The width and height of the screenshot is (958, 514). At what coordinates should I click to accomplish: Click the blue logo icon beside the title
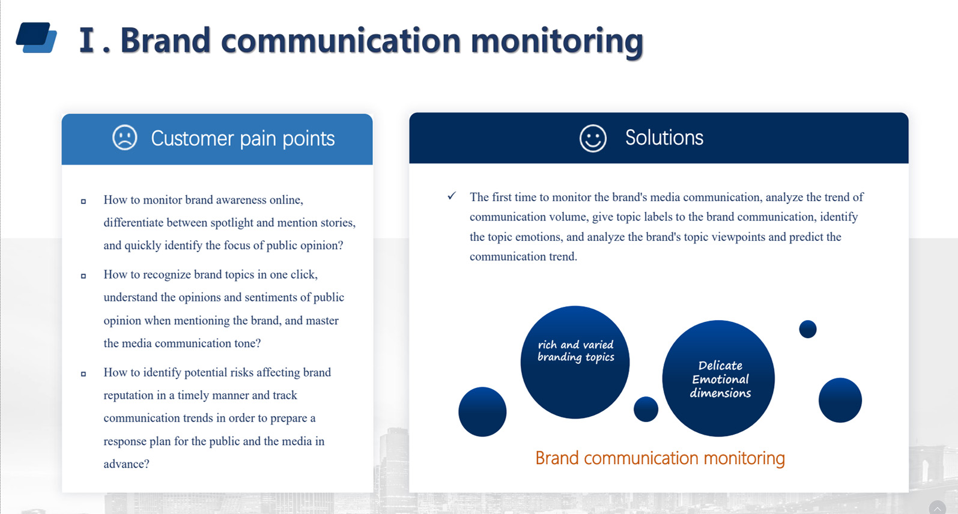(x=37, y=37)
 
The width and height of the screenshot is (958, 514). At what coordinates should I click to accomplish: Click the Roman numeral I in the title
(x=87, y=40)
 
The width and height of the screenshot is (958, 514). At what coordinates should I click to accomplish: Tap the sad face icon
(x=124, y=138)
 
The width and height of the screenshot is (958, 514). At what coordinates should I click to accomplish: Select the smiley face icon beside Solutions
(x=593, y=138)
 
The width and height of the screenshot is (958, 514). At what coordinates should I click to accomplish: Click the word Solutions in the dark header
(x=664, y=138)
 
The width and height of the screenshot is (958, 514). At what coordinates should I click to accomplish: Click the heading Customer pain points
(x=243, y=139)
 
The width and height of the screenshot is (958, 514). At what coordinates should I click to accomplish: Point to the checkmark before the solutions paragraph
(x=452, y=196)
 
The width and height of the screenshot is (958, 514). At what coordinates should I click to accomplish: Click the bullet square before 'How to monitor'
(x=83, y=201)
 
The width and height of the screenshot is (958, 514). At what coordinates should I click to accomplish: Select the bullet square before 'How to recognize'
(x=83, y=276)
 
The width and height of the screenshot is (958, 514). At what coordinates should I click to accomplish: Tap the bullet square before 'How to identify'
(x=83, y=373)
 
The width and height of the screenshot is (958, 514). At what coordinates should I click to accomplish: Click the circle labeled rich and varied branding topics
(x=575, y=362)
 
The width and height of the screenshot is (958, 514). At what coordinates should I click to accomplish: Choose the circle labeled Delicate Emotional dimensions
(x=718, y=378)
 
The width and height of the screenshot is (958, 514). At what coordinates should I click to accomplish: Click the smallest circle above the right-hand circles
(x=808, y=329)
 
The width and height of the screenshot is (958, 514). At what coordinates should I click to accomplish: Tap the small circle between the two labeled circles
(x=646, y=410)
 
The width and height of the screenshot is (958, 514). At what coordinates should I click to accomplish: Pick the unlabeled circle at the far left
(x=482, y=412)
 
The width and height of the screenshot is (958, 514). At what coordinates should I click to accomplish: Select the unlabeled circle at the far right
(x=840, y=401)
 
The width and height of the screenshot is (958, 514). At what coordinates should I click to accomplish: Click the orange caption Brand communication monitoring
(x=660, y=458)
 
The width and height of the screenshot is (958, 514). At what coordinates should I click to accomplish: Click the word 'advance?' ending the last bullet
(x=126, y=464)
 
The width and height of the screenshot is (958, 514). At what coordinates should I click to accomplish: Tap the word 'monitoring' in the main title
(x=557, y=41)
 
